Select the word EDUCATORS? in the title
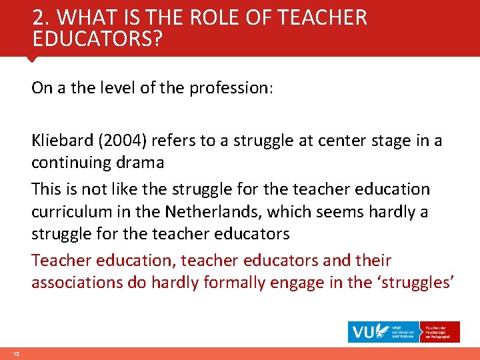97,40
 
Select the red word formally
236,283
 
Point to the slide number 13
16,353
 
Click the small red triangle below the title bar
31,59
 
